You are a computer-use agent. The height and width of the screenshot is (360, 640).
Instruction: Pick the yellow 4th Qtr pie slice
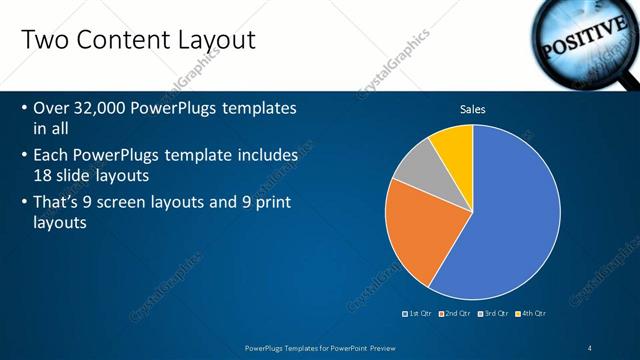coord(454,145)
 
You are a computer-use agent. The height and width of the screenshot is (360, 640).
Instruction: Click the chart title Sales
coord(473,109)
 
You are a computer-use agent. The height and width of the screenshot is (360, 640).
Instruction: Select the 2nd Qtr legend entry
coord(457,314)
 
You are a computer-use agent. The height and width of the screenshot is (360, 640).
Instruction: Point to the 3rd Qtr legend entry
coord(495,314)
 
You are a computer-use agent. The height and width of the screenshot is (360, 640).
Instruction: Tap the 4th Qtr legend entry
coord(531,314)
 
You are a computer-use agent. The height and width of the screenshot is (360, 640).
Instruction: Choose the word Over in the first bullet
coord(53,108)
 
